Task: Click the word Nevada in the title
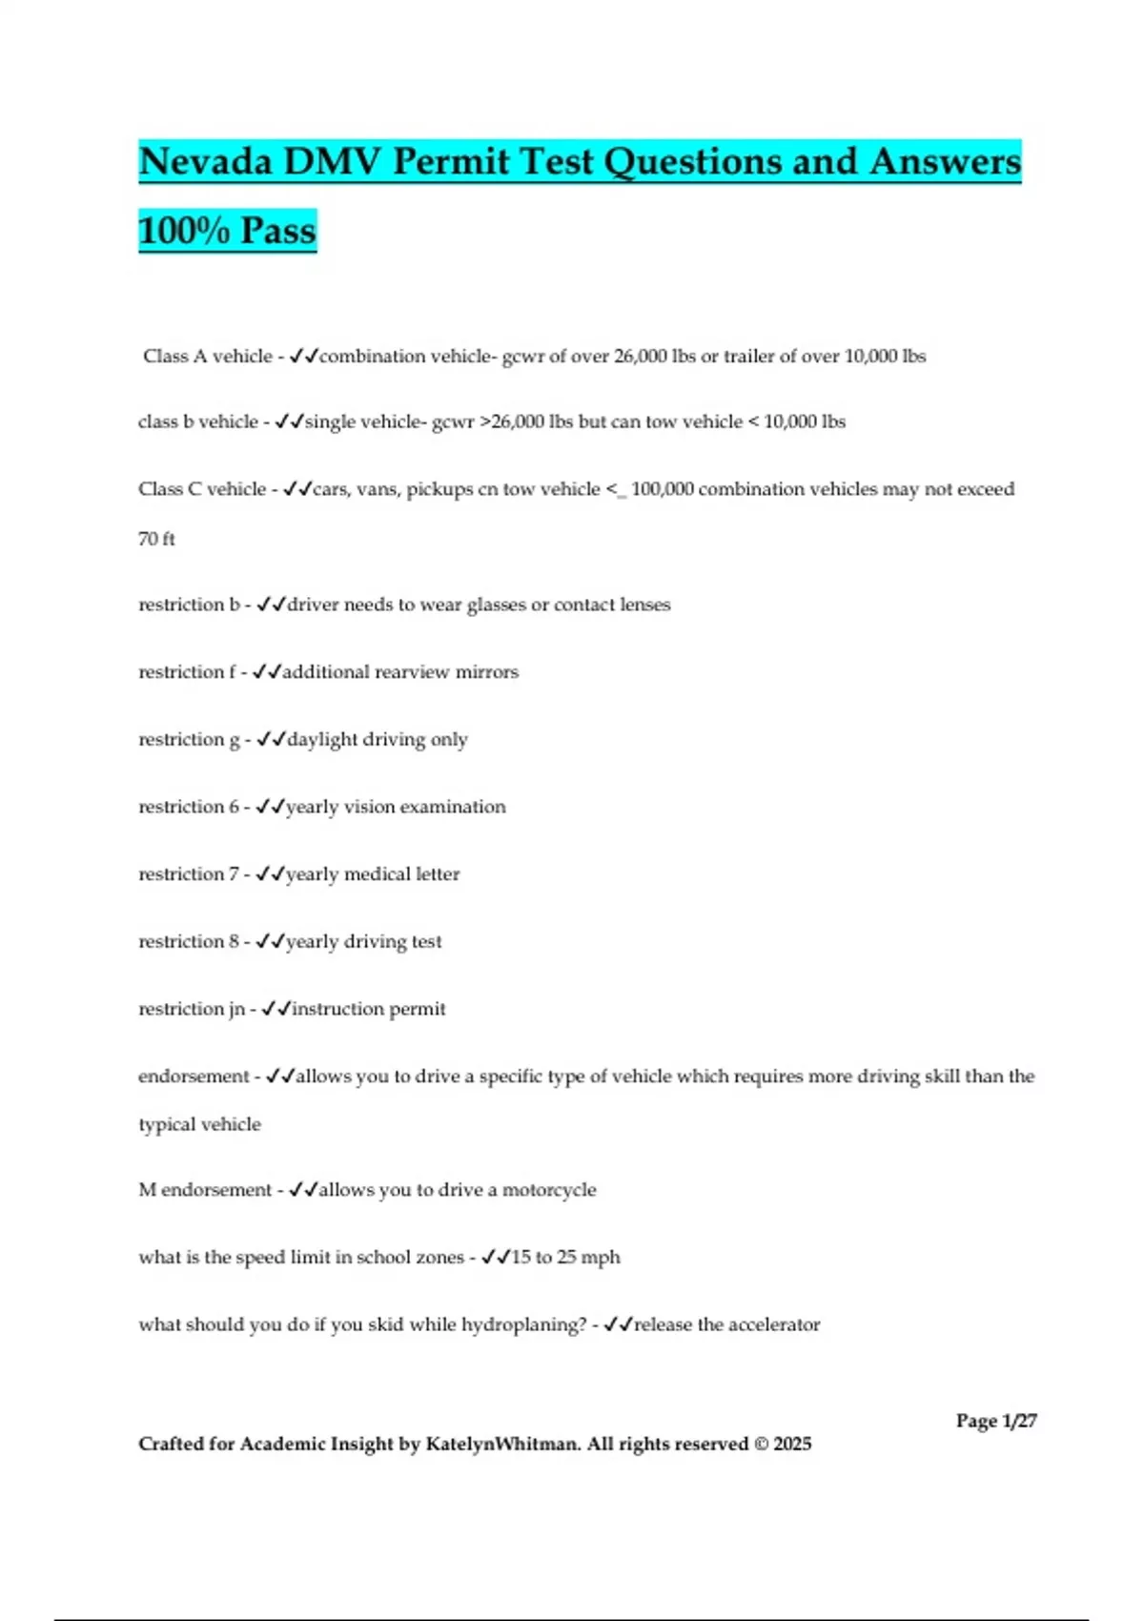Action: point(205,162)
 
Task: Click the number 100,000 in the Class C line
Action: point(663,489)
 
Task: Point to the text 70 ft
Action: point(156,539)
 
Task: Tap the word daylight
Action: point(322,740)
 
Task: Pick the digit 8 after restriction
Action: point(234,942)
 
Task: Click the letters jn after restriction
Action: point(235,1010)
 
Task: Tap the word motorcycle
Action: point(549,1190)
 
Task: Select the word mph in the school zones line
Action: point(601,1258)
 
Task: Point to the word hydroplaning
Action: point(522,1325)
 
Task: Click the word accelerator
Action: point(774,1325)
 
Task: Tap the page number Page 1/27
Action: point(996,1421)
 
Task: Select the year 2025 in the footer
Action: point(792,1444)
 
